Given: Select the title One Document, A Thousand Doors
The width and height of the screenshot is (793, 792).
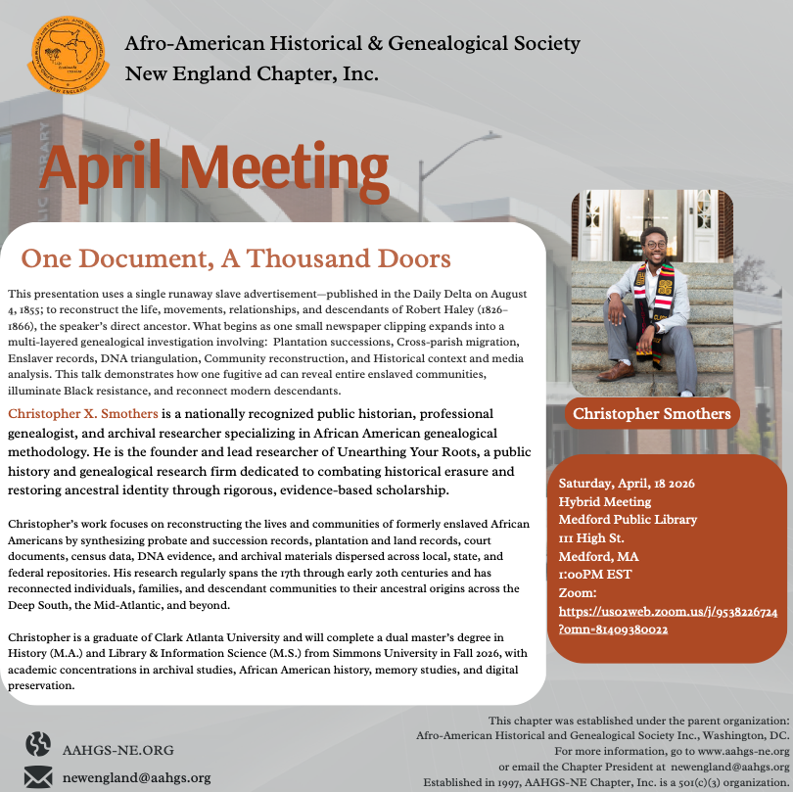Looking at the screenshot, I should [x=236, y=258].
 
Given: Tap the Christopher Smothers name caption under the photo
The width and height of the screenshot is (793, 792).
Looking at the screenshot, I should [x=652, y=413].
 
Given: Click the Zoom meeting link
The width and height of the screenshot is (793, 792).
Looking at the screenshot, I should [x=668, y=620].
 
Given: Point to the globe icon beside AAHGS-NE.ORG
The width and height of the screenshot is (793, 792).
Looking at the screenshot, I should [x=38, y=746].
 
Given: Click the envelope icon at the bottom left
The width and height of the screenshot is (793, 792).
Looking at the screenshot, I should [x=38, y=777].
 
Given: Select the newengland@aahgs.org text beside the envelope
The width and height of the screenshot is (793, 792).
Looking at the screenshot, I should [x=136, y=777].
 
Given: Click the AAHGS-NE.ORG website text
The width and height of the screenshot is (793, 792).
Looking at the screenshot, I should [x=117, y=750].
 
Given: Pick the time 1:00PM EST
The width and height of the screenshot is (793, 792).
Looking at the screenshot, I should [x=596, y=576].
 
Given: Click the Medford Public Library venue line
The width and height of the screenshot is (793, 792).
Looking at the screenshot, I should [x=628, y=520].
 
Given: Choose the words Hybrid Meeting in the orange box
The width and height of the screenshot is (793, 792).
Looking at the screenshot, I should [x=604, y=502].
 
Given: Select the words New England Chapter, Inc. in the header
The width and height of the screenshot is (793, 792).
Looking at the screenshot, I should [x=252, y=73].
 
